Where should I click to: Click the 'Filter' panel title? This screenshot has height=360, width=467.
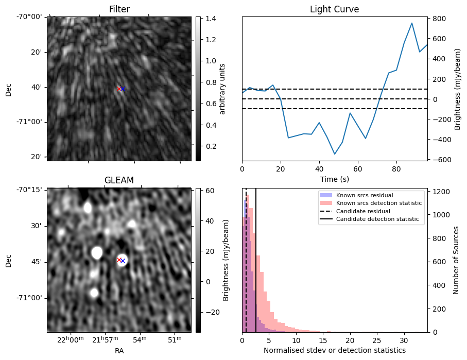tap(119, 9)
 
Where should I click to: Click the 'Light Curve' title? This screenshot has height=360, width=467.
tap(334, 9)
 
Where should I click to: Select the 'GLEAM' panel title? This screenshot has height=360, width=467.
tap(119, 180)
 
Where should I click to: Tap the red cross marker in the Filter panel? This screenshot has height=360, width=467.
tap(119, 89)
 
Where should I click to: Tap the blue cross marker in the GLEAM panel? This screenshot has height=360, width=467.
tap(123, 261)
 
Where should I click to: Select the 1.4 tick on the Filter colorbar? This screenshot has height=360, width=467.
tap(207, 19)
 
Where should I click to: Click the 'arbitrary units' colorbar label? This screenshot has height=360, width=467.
tap(223, 89)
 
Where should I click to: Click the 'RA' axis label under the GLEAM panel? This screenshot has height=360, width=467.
tap(119, 351)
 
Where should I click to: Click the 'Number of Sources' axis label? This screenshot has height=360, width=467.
tap(456, 260)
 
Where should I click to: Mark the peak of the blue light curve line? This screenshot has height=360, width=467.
tap(412, 23)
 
